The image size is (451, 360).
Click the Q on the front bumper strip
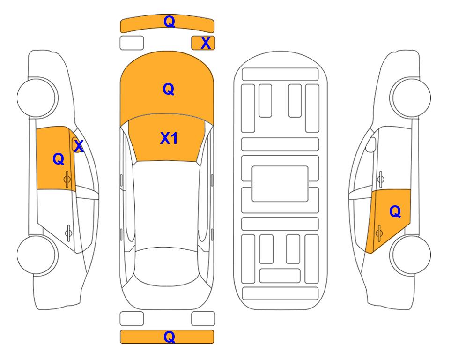point(169,21)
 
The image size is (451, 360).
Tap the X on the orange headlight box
point(206,43)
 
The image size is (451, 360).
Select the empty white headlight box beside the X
point(132,43)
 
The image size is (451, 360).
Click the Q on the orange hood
point(169,89)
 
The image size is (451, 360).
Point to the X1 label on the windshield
point(169,138)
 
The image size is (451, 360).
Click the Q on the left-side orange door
point(59,159)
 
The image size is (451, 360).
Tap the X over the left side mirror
point(79,146)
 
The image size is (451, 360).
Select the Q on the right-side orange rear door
point(395,212)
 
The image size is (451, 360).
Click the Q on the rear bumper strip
point(169,337)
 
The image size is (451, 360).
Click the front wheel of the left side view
point(37,97)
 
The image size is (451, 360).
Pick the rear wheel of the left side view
point(37,255)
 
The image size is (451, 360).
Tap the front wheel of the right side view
point(411,97)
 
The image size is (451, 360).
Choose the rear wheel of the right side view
point(411,255)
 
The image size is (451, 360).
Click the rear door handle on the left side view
point(68,232)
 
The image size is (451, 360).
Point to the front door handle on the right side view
point(380,179)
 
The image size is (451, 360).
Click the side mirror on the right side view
point(371,144)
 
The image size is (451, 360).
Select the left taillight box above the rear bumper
point(132,319)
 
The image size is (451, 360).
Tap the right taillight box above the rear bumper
point(203,319)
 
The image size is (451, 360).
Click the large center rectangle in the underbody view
point(280,184)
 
